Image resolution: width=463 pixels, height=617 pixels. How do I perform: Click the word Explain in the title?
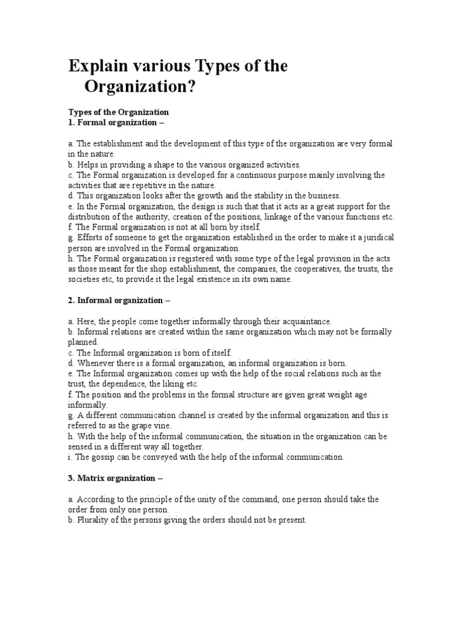99,66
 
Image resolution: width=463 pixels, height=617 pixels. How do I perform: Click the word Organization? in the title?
140,87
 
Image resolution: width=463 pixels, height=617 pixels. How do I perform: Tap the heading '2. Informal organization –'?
121,300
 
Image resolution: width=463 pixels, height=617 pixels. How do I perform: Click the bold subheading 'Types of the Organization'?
119,112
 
